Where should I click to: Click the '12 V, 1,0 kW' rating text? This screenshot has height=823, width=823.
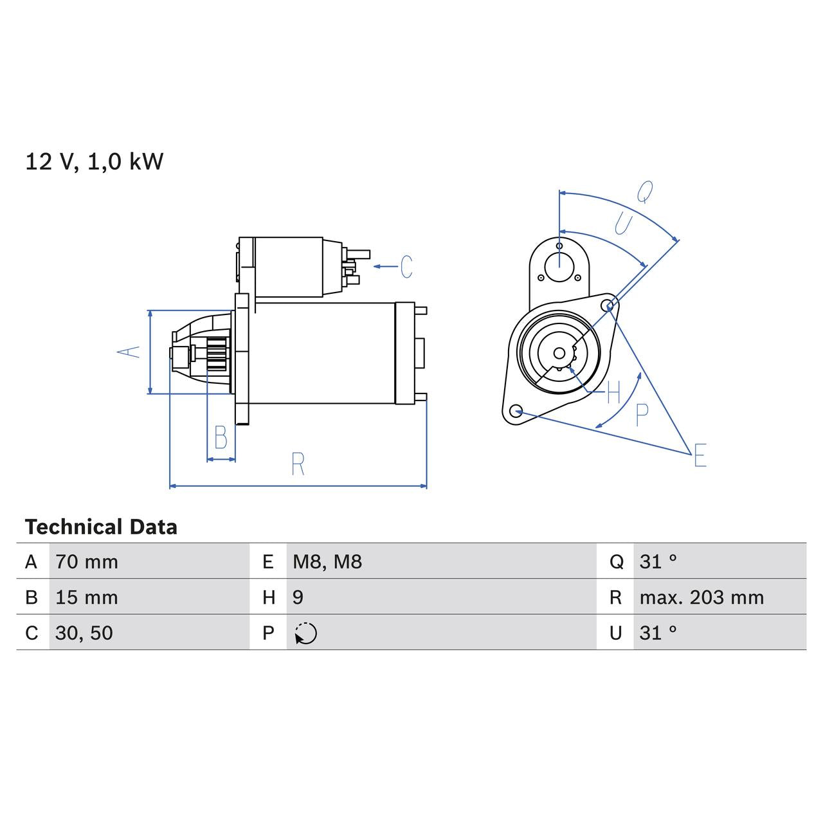95,161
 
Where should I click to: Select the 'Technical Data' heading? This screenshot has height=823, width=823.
101,527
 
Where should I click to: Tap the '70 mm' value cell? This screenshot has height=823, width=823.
87,562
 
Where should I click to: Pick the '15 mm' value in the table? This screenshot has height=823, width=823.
87,597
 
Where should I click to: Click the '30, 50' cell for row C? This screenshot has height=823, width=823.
84,633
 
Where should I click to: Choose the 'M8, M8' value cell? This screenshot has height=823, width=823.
327,562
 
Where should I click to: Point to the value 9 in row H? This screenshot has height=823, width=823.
298,597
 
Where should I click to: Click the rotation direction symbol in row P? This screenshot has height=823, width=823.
306,633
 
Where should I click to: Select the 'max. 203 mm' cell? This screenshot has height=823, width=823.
701,597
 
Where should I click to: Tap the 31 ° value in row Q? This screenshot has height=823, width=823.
658,562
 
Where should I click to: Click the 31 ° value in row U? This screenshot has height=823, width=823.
658,633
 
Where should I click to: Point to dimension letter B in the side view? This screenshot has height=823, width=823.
221,438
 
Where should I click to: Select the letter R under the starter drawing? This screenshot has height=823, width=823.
298,464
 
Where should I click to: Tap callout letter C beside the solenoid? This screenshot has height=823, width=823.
406,266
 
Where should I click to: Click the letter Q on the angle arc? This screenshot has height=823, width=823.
645,191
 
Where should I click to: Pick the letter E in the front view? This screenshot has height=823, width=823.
700,456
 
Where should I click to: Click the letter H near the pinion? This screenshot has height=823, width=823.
613,392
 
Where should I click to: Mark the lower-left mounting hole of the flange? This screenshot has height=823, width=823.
515,411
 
